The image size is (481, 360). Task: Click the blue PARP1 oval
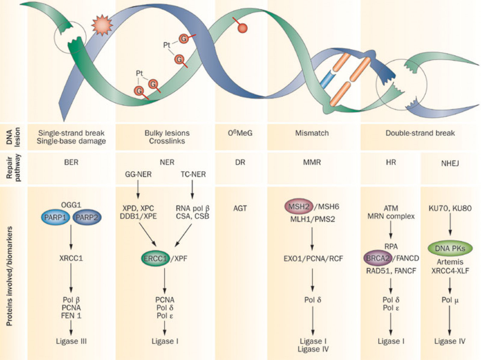55,217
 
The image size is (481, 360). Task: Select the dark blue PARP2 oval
87,217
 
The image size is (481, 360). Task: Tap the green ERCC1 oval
155,259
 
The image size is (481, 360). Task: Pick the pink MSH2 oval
299,207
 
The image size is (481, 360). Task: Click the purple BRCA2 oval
378,258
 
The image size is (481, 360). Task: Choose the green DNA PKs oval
450,248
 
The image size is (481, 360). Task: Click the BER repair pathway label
71,162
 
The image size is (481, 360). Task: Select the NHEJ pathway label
450,163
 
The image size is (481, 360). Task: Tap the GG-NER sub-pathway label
138,174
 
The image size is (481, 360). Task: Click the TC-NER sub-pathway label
193,174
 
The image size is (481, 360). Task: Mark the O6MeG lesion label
240,133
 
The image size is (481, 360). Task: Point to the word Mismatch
312,133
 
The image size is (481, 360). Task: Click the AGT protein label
240,208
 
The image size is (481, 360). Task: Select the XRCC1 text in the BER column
71,258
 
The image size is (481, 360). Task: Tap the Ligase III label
71,341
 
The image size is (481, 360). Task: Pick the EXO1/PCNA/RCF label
313,259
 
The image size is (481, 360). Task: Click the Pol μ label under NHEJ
450,300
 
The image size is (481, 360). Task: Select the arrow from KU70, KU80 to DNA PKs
450,225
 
